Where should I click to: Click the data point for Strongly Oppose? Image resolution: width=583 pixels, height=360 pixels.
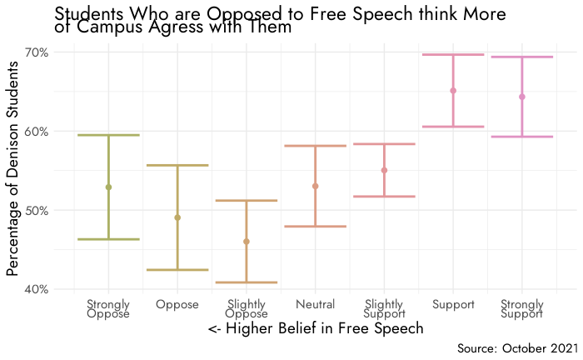108,187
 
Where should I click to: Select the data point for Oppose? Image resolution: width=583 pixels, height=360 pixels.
177,217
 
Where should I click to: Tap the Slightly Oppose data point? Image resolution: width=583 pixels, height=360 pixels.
247,242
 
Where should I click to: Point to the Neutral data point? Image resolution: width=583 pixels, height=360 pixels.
315,186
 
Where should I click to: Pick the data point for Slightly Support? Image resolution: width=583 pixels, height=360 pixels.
384,170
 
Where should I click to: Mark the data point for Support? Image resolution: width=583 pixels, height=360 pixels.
453,91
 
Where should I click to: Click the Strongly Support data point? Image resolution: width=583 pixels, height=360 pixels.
522,97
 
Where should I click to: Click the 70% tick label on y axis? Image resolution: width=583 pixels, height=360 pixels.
37,52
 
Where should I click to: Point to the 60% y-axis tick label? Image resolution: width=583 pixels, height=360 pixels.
37,132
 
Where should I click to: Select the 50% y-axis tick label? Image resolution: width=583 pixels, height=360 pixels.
37,211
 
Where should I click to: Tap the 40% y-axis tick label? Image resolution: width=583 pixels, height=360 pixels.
37,290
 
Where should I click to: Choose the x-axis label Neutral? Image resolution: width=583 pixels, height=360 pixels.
315,305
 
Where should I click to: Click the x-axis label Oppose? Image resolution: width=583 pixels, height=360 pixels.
177,305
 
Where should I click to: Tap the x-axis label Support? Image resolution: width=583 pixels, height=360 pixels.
453,305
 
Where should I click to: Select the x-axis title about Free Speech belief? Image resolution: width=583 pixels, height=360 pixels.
316,329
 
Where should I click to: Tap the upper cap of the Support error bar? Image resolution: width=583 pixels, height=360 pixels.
453,54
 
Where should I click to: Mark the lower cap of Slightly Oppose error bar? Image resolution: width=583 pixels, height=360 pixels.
247,282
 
